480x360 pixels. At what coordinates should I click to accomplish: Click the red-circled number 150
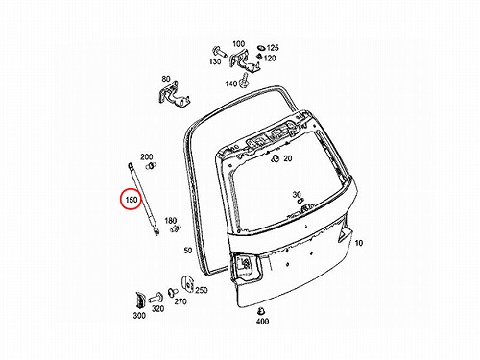(132, 200)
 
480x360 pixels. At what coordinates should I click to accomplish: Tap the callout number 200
(147, 156)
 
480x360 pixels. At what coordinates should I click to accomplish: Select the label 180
(170, 221)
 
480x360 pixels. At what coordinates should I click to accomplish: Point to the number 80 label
(166, 79)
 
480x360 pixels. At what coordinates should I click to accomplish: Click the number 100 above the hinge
(238, 44)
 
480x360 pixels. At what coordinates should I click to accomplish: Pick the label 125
(273, 48)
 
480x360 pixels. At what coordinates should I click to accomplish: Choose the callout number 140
(231, 84)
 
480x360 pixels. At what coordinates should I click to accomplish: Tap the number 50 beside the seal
(188, 251)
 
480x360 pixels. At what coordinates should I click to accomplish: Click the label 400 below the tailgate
(262, 321)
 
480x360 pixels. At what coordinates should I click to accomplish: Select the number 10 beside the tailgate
(359, 243)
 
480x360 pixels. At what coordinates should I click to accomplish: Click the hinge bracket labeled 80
(174, 94)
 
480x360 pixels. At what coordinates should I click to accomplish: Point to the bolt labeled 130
(219, 52)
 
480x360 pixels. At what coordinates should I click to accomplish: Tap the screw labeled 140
(244, 80)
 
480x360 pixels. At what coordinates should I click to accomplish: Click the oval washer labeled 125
(261, 48)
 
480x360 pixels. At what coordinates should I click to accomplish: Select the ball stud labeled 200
(151, 165)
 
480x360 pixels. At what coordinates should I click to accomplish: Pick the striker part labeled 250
(187, 284)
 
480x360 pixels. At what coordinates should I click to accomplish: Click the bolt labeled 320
(156, 299)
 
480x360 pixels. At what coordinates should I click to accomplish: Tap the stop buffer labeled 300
(140, 300)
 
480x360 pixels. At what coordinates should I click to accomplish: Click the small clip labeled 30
(300, 202)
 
